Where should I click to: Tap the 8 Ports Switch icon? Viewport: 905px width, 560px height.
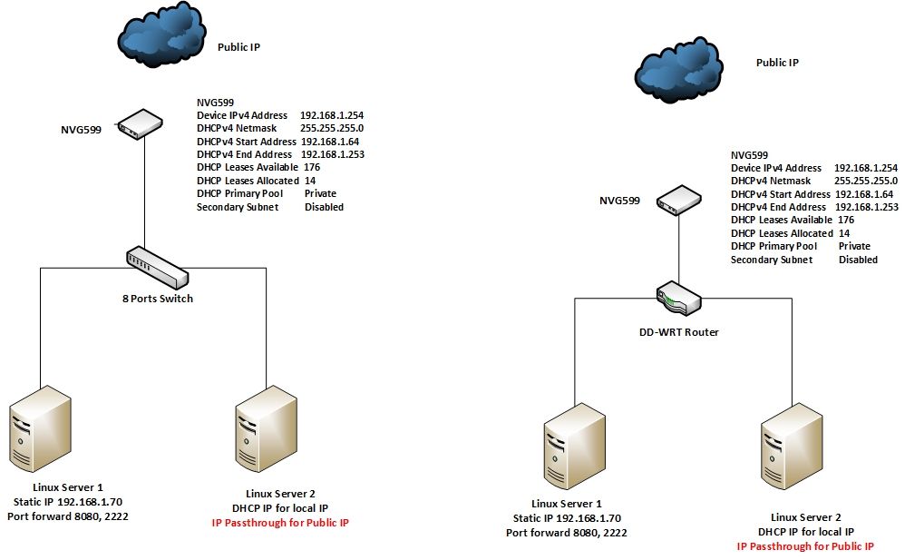point(157,267)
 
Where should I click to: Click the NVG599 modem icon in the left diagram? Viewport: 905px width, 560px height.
point(141,123)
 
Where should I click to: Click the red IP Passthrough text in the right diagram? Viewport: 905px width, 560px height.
point(805,546)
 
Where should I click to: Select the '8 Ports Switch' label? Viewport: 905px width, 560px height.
point(159,299)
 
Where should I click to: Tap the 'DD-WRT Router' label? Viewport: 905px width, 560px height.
point(679,332)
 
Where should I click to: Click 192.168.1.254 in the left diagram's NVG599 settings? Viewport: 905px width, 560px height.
point(331,116)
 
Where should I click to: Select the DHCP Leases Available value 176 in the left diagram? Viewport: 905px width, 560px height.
point(312,168)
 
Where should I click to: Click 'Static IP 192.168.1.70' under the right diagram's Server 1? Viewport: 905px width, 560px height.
point(567,518)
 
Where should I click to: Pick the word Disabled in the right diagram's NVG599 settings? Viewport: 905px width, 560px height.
point(858,260)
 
